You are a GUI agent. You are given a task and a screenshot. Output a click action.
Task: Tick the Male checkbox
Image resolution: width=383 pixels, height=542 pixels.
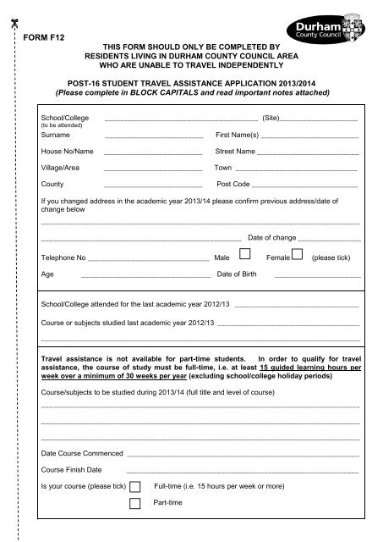(x=244, y=254)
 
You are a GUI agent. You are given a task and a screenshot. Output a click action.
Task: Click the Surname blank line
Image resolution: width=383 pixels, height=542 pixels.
(x=153, y=138)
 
